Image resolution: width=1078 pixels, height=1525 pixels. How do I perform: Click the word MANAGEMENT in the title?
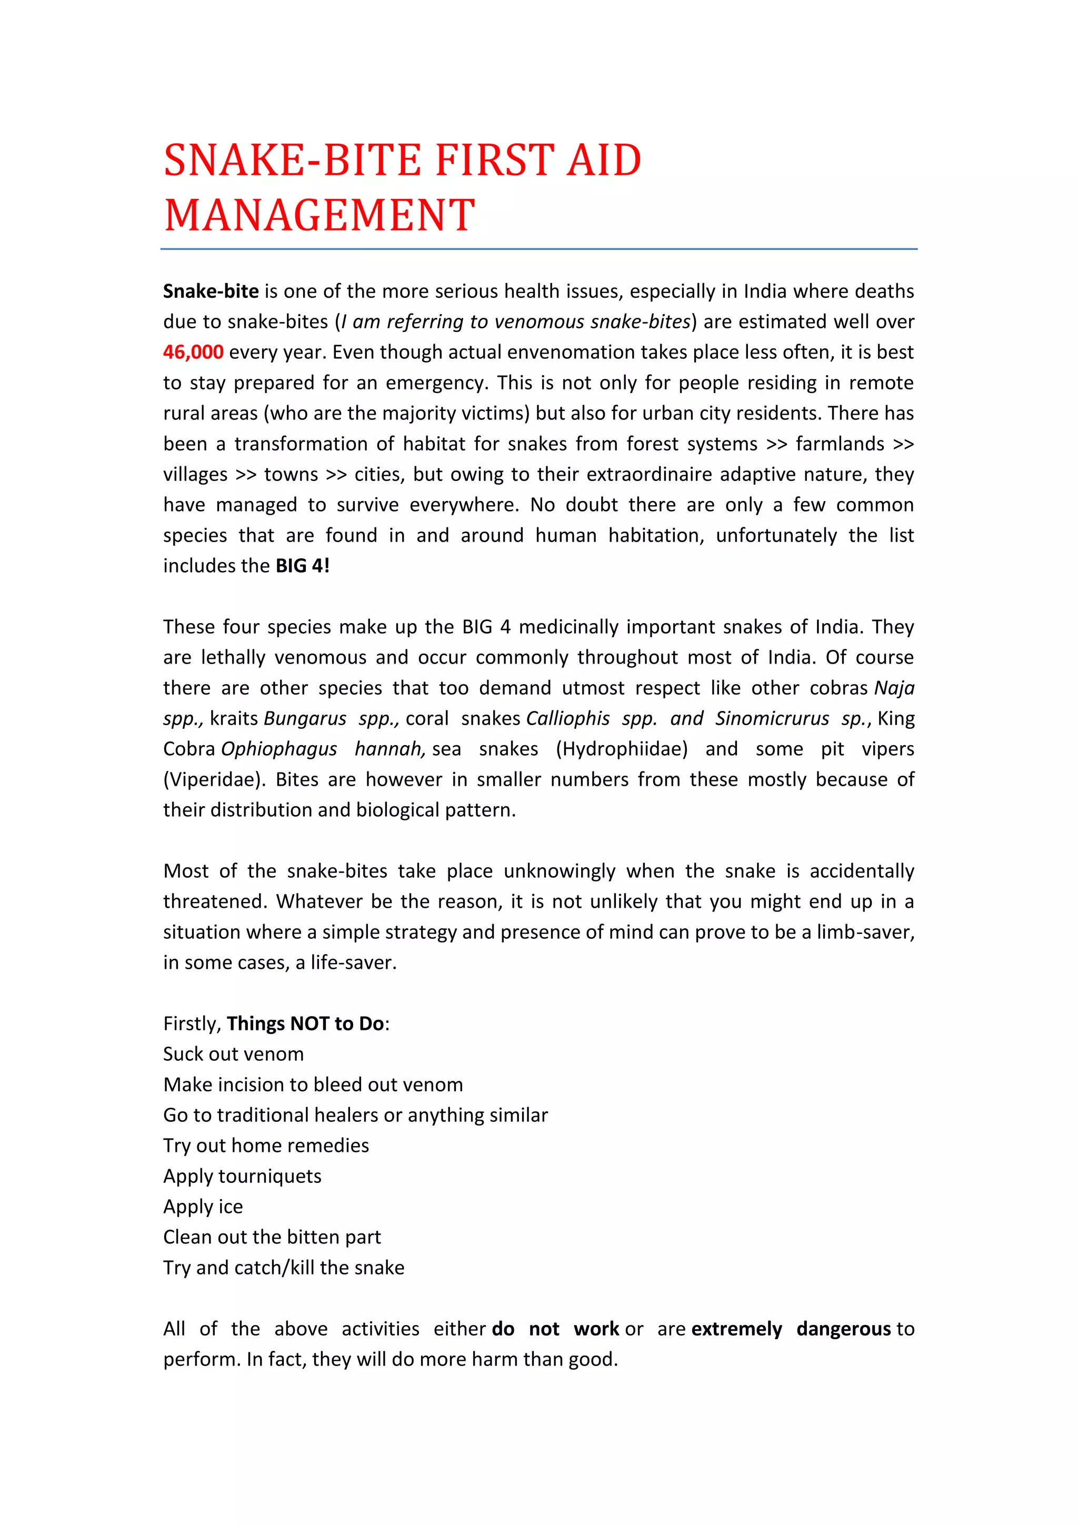coord(320,215)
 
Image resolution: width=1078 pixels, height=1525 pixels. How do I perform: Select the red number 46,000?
coord(193,352)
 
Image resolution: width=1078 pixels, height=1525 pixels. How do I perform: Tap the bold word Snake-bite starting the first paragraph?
coord(211,291)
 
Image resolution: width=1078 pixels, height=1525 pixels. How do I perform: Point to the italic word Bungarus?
coord(305,719)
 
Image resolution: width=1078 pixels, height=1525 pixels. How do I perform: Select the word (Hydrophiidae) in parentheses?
coord(621,749)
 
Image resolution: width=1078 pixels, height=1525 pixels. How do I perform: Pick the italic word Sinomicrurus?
coord(772,719)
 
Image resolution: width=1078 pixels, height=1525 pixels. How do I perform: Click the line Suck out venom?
coord(233,1054)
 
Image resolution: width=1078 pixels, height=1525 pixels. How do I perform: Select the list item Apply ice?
coord(203,1207)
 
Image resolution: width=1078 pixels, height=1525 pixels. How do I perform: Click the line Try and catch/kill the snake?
coord(284,1268)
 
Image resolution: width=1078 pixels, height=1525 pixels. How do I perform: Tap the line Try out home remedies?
coord(266,1146)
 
